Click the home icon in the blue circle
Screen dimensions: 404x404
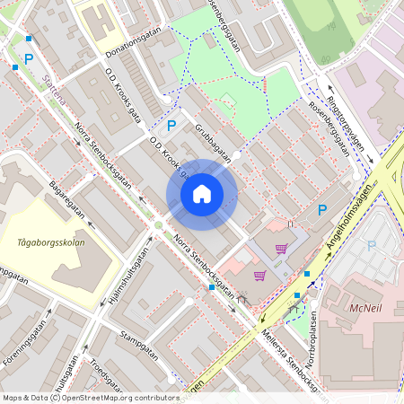tap(201, 195)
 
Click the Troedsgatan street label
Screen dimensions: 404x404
tap(109, 375)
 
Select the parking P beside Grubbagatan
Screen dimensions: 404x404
tap(171, 126)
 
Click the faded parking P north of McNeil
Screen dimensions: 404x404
tap(372, 244)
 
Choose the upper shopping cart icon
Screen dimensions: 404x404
tap(281, 249)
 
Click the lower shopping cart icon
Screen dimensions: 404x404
tap(259, 276)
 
